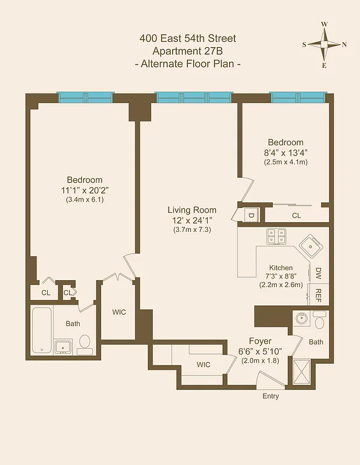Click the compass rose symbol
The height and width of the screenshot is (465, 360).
pyautogui.click(x=324, y=45)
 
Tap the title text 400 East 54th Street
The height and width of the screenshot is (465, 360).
pyautogui.click(x=187, y=39)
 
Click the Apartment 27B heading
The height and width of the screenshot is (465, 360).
pyautogui.click(x=187, y=51)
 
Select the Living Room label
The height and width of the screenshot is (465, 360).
pyautogui.click(x=192, y=210)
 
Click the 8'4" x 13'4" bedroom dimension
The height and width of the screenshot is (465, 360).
pyautogui.click(x=285, y=153)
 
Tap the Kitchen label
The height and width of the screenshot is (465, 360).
pyautogui.click(x=281, y=268)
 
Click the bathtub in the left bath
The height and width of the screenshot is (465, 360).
pyautogui.click(x=42, y=330)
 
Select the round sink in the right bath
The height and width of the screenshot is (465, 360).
pyautogui.click(x=302, y=319)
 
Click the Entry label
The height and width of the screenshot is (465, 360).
pyautogui.click(x=270, y=396)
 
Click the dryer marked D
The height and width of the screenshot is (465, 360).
pyautogui.click(x=251, y=214)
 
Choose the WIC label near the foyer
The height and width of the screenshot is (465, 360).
pyautogui.click(x=203, y=364)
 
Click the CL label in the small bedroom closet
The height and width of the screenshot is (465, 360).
pyautogui.click(x=297, y=215)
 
